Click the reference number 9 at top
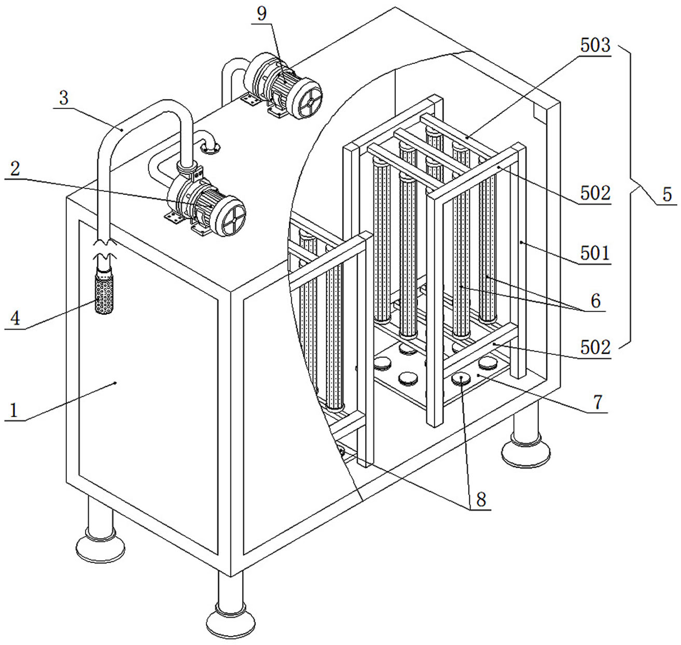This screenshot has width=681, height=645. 262,14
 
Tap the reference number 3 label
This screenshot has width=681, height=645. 64,98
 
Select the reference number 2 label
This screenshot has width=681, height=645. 15,170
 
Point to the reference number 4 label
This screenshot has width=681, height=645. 15,318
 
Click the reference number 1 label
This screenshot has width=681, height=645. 13,411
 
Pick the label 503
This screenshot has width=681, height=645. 595,46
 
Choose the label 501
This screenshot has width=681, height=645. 595,253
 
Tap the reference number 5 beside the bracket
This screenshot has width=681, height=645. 667,194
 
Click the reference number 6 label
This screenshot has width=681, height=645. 595,301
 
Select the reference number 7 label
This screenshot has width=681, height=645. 598,402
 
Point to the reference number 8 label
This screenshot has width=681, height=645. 481,499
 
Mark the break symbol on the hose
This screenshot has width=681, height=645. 104,250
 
